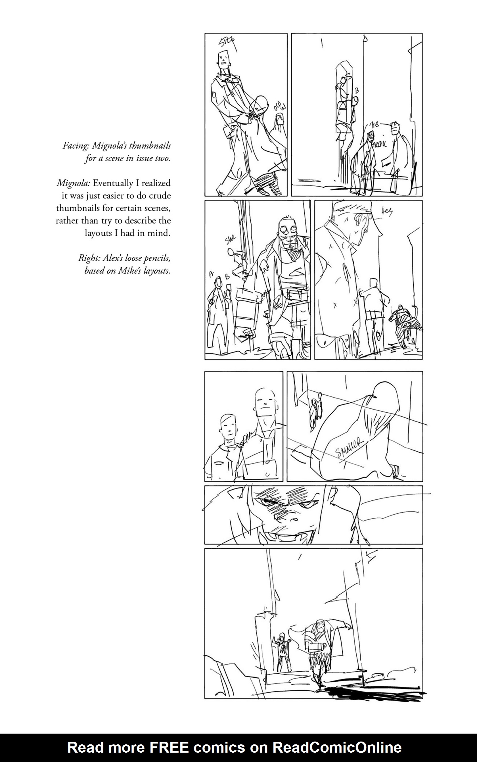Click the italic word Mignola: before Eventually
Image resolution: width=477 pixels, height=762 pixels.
click(x=74, y=183)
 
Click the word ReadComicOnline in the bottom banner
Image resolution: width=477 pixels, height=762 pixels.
click(x=337, y=747)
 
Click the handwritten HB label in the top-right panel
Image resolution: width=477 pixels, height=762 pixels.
click(x=375, y=125)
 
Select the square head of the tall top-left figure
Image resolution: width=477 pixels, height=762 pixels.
click(x=223, y=59)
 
